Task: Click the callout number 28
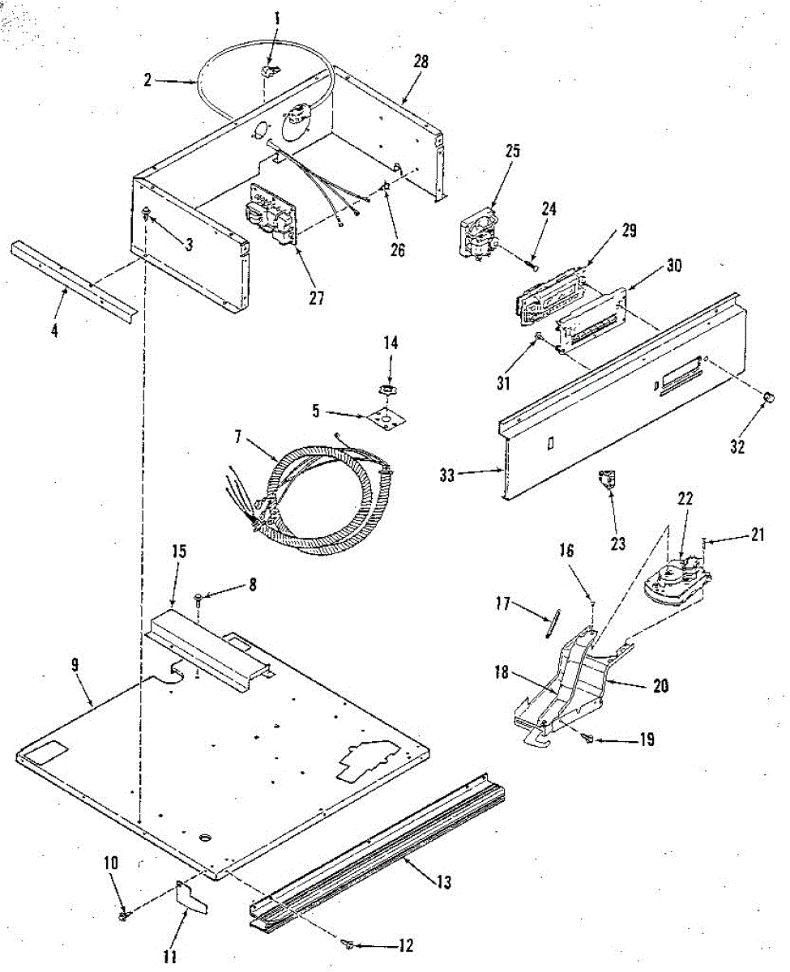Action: (421, 62)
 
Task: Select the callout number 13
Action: (444, 882)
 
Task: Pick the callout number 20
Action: (661, 685)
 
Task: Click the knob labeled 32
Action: (768, 397)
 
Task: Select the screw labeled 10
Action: (123, 915)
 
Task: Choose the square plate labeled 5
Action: (386, 416)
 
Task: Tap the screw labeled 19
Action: (590, 737)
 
